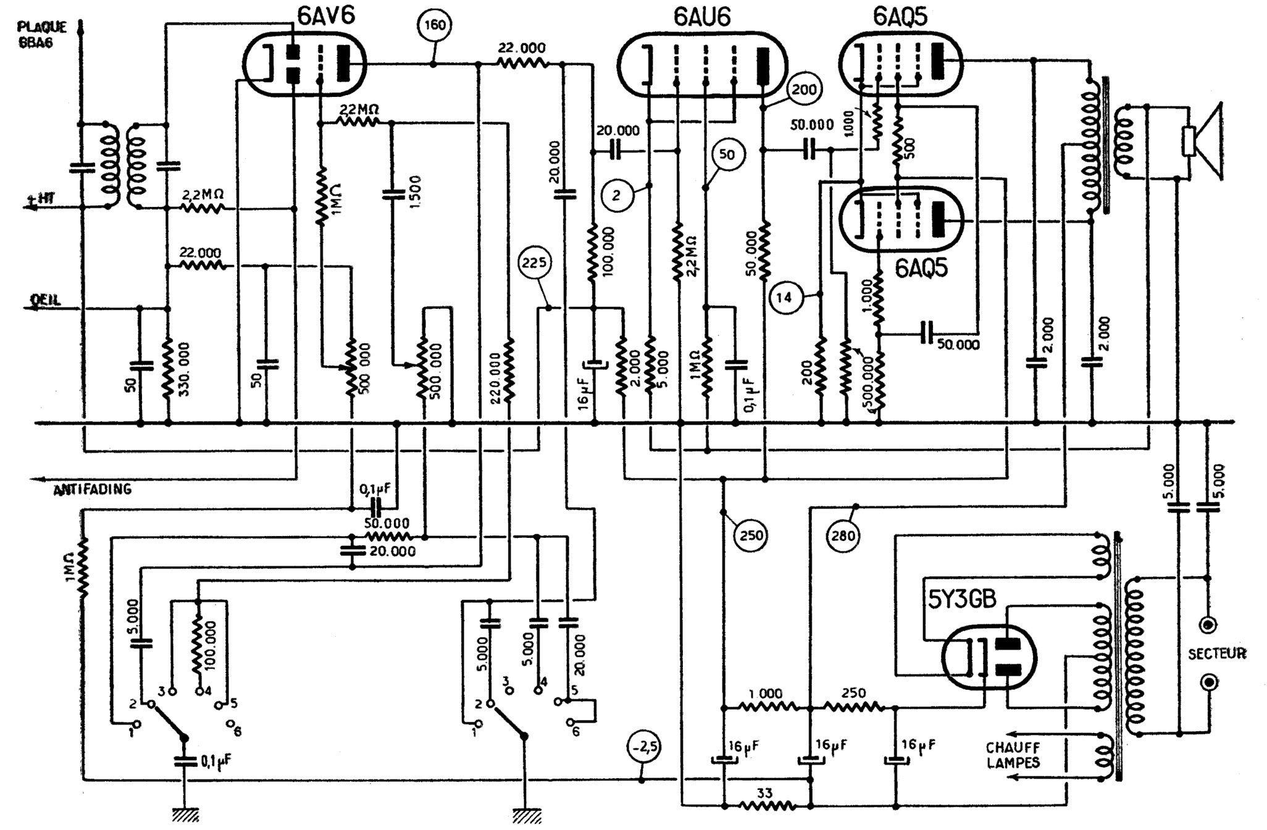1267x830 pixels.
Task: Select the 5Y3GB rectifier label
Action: [963, 598]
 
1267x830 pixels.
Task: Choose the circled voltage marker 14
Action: [784, 298]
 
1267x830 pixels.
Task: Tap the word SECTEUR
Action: [1217, 653]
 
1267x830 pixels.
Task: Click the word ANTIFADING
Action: [93, 490]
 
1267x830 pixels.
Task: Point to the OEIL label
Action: [45, 300]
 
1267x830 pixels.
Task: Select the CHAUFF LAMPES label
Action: [1013, 755]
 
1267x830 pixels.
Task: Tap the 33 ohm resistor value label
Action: [764, 793]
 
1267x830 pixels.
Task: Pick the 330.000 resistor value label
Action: [184, 368]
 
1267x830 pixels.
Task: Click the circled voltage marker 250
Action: [751, 535]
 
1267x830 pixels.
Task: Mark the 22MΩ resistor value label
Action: [359, 110]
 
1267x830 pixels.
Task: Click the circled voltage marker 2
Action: [616, 196]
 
